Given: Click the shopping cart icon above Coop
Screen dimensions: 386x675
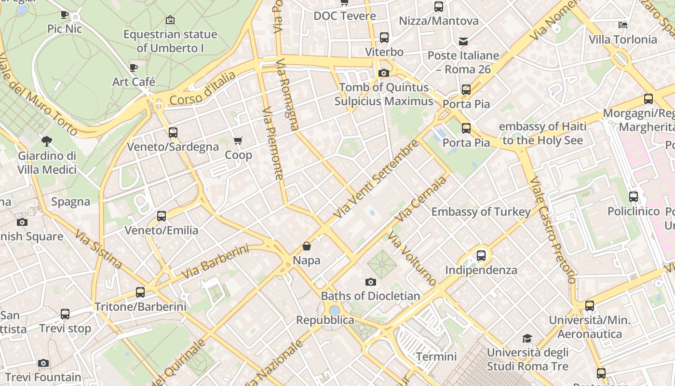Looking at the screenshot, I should click(238, 140).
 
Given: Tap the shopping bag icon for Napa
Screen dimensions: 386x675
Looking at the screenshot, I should click(307, 246).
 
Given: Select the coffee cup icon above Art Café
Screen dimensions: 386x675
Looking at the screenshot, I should click(134, 68).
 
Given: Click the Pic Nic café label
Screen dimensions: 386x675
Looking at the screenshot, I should click(65, 28).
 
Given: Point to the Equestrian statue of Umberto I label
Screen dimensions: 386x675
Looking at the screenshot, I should click(170, 41).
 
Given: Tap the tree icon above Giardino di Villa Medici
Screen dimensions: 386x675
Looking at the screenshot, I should click(47, 141).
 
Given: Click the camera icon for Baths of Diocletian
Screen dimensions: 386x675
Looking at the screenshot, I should click(370, 282).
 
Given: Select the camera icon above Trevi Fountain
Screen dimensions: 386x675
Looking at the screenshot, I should click(43, 363).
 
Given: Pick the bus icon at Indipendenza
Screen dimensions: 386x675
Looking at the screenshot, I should click(481, 256).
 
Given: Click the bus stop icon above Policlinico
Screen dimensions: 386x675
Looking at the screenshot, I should click(634, 197).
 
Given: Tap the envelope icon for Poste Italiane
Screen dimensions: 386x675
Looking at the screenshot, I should click(463, 41).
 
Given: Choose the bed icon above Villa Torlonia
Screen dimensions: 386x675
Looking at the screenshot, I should click(623, 25).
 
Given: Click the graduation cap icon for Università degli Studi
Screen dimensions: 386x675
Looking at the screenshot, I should click(527, 338).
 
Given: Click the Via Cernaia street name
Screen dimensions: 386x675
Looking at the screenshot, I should click(420, 200).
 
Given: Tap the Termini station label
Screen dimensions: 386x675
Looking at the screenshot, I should click(436, 357).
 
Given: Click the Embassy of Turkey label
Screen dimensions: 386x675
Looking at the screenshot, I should click(481, 211).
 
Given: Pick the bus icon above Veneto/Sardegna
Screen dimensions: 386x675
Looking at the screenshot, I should click(173, 132).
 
